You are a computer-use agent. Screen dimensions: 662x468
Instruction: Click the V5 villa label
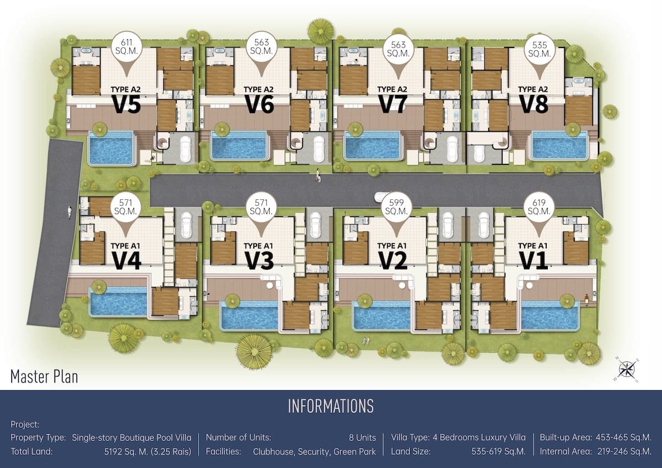pyautogui.click(x=126, y=104)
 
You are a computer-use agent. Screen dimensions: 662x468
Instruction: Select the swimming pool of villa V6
pyautogui.click(x=239, y=146)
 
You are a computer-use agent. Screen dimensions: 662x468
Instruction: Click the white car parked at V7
pyautogui.click(x=452, y=149)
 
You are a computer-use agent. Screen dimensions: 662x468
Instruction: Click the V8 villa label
pyautogui.click(x=533, y=104)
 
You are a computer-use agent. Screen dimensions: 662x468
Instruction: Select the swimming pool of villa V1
pyautogui.click(x=549, y=315)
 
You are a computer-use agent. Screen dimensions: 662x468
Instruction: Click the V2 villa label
pyautogui.click(x=392, y=260)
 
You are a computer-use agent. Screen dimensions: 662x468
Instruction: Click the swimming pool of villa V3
pyautogui.click(x=250, y=315)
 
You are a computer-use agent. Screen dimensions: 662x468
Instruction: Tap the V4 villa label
pyautogui.click(x=126, y=260)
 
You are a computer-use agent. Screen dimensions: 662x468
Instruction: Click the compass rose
pyautogui.click(x=626, y=370)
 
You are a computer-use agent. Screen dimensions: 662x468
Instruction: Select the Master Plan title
pyautogui.click(x=44, y=376)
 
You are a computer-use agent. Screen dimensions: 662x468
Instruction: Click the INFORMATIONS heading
pyautogui.click(x=330, y=406)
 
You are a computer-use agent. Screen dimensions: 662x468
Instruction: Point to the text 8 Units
pyautogui.click(x=362, y=438)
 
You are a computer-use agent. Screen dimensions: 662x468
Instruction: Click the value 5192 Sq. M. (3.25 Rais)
pyautogui.click(x=148, y=452)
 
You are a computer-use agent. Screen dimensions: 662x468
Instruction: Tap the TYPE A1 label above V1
pyautogui.click(x=533, y=246)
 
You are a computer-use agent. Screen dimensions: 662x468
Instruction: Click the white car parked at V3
pyautogui.click(x=315, y=225)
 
